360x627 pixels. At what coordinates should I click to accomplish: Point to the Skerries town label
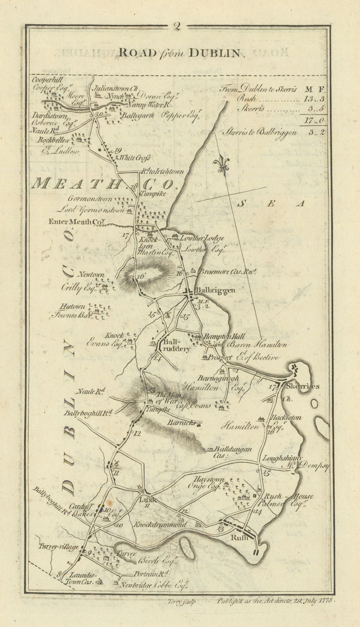pyautogui.click(x=308, y=386)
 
